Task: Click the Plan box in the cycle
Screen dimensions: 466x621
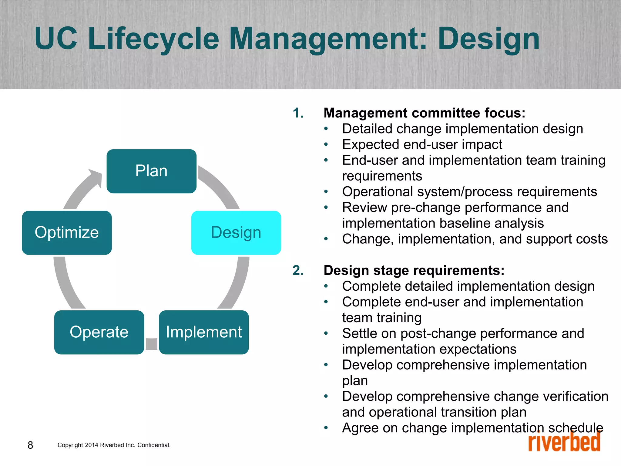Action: point(151,171)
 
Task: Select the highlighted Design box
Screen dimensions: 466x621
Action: point(236,233)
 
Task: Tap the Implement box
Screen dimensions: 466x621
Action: point(204,332)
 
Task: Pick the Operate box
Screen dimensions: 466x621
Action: point(99,332)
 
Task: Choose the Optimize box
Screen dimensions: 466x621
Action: point(67,233)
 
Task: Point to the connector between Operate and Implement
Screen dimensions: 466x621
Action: point(151,344)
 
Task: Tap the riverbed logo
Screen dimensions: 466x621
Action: point(564,441)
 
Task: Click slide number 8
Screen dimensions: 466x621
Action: point(30,445)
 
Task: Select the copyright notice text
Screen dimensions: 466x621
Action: point(114,445)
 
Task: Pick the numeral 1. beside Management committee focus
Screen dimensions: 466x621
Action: point(298,113)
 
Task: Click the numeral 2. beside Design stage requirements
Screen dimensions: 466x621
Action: point(298,270)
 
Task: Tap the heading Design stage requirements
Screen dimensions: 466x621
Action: point(414,270)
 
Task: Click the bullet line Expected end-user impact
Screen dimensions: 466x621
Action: point(422,144)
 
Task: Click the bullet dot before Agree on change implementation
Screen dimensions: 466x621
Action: point(326,428)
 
